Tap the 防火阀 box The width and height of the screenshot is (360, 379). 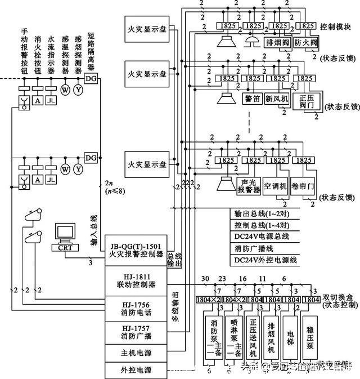(x=306, y=42)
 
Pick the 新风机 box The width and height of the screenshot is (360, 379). (x=277, y=99)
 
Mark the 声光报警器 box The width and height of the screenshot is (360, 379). (x=249, y=186)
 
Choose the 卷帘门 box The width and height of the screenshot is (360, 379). (x=301, y=186)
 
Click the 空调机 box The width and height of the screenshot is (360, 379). (x=276, y=186)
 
